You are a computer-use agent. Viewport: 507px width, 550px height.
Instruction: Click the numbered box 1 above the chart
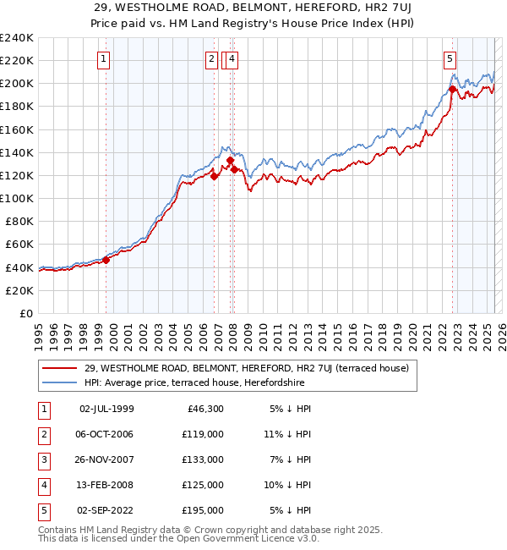(103, 59)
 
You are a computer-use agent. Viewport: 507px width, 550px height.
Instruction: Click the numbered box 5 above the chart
(450, 59)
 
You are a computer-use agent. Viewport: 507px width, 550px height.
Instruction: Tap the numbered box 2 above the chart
(210, 59)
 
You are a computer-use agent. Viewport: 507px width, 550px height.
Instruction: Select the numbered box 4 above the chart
(231, 59)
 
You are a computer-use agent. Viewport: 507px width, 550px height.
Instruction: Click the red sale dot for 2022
(453, 89)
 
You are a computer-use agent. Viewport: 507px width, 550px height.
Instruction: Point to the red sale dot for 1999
(106, 260)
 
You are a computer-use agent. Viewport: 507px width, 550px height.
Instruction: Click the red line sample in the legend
(59, 368)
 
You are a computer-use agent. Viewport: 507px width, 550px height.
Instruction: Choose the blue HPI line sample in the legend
(59, 382)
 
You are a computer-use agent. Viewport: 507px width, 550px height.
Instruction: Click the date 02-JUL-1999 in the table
(106, 409)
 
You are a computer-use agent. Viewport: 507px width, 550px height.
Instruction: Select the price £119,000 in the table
(204, 434)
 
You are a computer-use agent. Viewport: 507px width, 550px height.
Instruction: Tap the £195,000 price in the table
(204, 510)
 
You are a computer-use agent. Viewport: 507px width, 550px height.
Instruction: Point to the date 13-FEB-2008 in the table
(106, 485)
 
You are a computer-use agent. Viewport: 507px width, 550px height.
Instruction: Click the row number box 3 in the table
(42, 459)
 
